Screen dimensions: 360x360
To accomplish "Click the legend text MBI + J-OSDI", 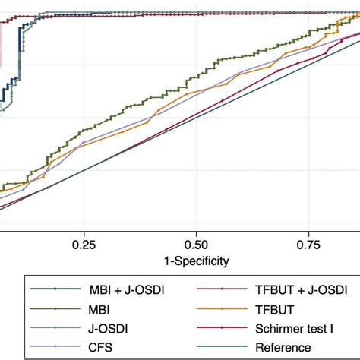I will (x=115, y=289).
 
